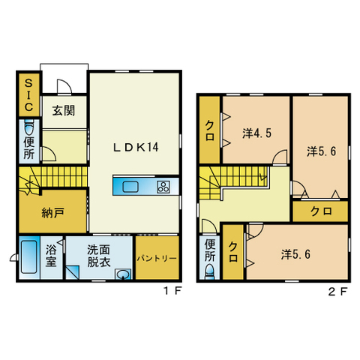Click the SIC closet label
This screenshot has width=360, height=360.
(28, 95)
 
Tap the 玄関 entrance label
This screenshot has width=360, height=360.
(64, 110)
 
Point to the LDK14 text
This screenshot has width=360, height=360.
(136, 147)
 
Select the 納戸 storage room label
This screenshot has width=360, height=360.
(53, 213)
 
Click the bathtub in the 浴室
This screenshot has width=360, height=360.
(29, 256)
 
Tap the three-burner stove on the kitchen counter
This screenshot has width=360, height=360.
(163, 187)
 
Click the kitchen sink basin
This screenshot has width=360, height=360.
(130, 187)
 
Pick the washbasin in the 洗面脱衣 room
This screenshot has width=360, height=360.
(123, 274)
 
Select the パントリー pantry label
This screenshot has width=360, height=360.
(157, 258)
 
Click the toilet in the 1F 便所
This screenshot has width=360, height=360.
(29, 127)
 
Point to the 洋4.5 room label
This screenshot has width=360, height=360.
(256, 133)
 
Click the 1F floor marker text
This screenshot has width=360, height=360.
(172, 291)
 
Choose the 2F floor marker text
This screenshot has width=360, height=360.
(337, 292)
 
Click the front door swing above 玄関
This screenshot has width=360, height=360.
(64, 87)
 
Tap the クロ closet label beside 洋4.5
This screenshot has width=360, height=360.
(209, 130)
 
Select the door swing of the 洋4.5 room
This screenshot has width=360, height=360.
(280, 157)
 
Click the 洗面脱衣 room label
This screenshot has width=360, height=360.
(99, 256)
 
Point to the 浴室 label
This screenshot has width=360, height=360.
(51, 255)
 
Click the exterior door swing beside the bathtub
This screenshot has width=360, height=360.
(13, 258)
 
